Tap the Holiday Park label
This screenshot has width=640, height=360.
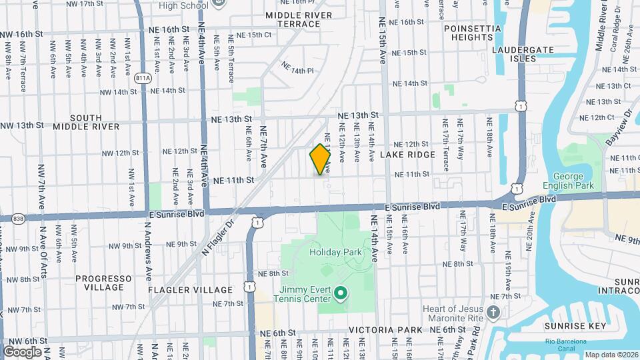(335, 253)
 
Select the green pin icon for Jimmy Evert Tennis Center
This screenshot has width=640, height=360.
(341, 293)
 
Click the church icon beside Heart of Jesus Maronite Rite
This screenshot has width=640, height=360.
(493, 312)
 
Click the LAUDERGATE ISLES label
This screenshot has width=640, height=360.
(523, 54)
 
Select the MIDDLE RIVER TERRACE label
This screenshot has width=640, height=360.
(293, 19)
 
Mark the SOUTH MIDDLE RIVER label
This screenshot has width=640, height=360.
(86, 122)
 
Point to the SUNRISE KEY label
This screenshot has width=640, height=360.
(575, 326)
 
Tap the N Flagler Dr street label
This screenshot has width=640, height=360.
(219, 239)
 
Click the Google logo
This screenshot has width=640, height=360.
(22, 351)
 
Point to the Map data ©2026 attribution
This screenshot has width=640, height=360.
(609, 355)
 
